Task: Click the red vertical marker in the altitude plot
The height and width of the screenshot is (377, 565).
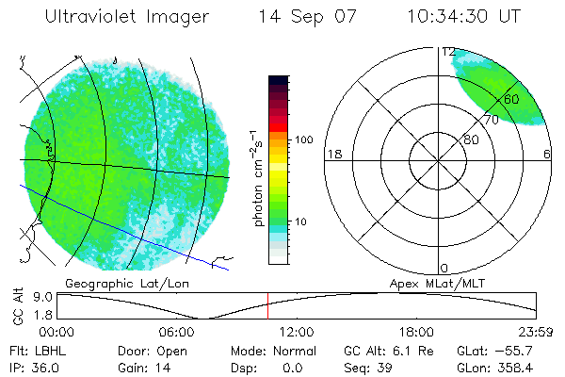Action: point(267,305)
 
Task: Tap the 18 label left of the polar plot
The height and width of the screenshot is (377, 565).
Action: point(332,154)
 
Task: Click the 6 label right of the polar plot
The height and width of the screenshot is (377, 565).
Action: point(547,154)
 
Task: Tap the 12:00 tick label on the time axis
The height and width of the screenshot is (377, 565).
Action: point(297,332)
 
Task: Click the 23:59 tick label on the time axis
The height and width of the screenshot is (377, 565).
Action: point(536,332)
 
